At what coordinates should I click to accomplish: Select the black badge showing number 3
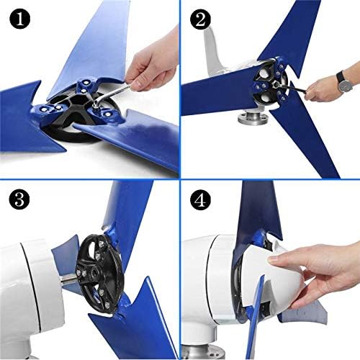coord(17,198)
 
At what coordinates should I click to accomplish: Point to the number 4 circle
coord(199,198)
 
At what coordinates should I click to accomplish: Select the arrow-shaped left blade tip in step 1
coord(29,133)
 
